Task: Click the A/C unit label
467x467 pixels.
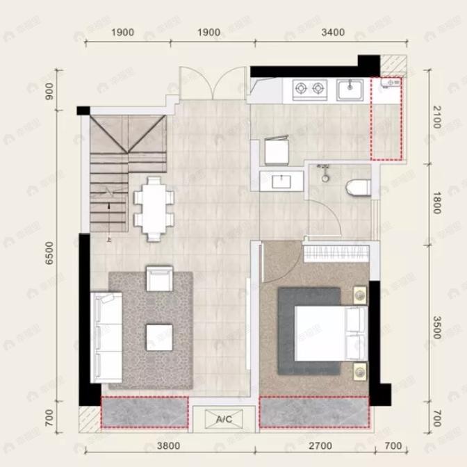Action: pyautogui.click(x=224, y=420)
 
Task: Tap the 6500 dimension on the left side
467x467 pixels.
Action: pyautogui.click(x=49, y=255)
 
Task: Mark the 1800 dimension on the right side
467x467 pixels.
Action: pyautogui.click(x=436, y=202)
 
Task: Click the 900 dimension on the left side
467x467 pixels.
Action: pyautogui.click(x=49, y=91)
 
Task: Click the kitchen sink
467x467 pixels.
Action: pyautogui.click(x=350, y=89)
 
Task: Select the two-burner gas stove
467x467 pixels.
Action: pyautogui.click(x=310, y=88)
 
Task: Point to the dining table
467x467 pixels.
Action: pyautogui.click(x=152, y=206)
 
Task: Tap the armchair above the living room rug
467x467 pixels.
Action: pyautogui.click(x=159, y=278)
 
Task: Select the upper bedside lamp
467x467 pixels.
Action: pyautogui.click(x=359, y=295)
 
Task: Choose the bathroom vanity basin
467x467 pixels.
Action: pyautogui.click(x=281, y=181)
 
